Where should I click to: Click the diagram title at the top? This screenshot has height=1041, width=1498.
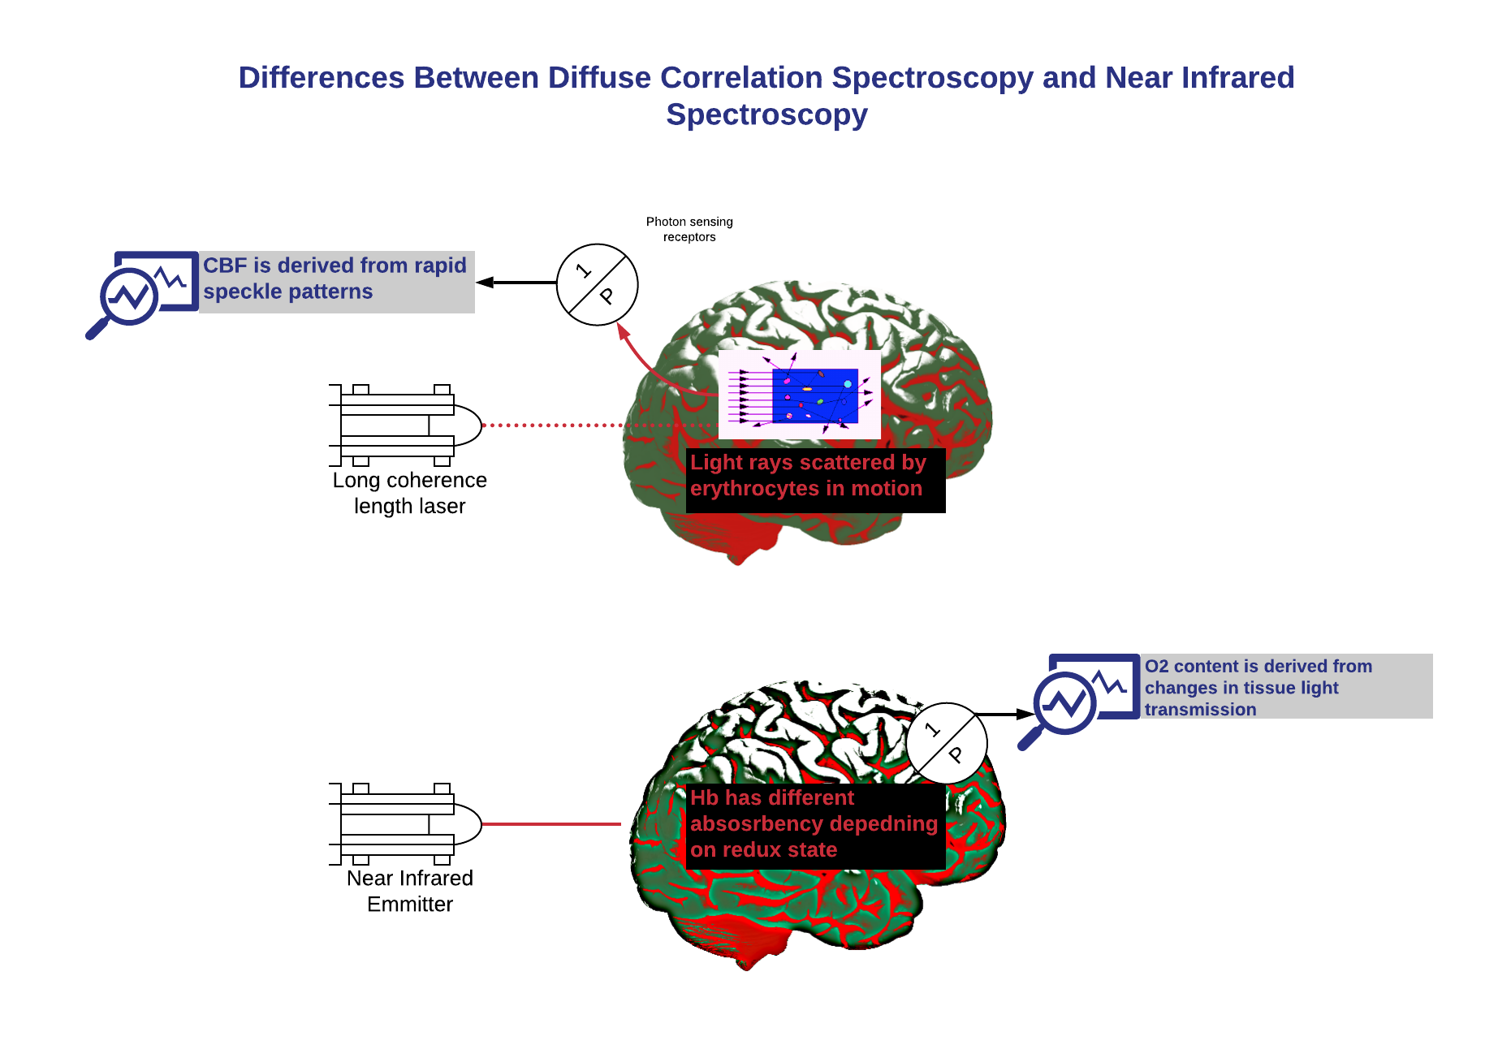[766, 96]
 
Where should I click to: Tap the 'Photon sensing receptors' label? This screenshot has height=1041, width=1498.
[689, 229]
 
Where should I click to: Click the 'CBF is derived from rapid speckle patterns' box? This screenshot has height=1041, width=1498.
[337, 282]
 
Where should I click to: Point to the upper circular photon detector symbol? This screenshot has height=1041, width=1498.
[598, 285]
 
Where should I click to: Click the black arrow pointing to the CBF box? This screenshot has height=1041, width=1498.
[516, 283]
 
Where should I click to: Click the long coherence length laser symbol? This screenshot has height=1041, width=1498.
[406, 425]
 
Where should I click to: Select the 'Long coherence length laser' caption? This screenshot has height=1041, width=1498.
[410, 493]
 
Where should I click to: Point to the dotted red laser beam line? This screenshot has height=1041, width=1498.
[601, 425]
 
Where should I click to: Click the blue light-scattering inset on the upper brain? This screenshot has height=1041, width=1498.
[800, 395]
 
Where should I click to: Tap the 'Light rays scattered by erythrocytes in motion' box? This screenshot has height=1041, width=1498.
[816, 481]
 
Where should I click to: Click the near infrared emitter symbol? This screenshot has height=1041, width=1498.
[406, 824]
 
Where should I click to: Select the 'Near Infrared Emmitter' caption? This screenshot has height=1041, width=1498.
[410, 891]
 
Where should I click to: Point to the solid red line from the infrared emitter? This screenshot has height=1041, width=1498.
[552, 824]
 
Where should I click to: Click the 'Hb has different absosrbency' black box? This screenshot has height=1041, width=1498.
[816, 827]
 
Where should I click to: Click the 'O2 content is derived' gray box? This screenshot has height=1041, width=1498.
[1287, 686]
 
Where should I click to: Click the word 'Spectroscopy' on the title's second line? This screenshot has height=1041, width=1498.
[766, 114]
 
